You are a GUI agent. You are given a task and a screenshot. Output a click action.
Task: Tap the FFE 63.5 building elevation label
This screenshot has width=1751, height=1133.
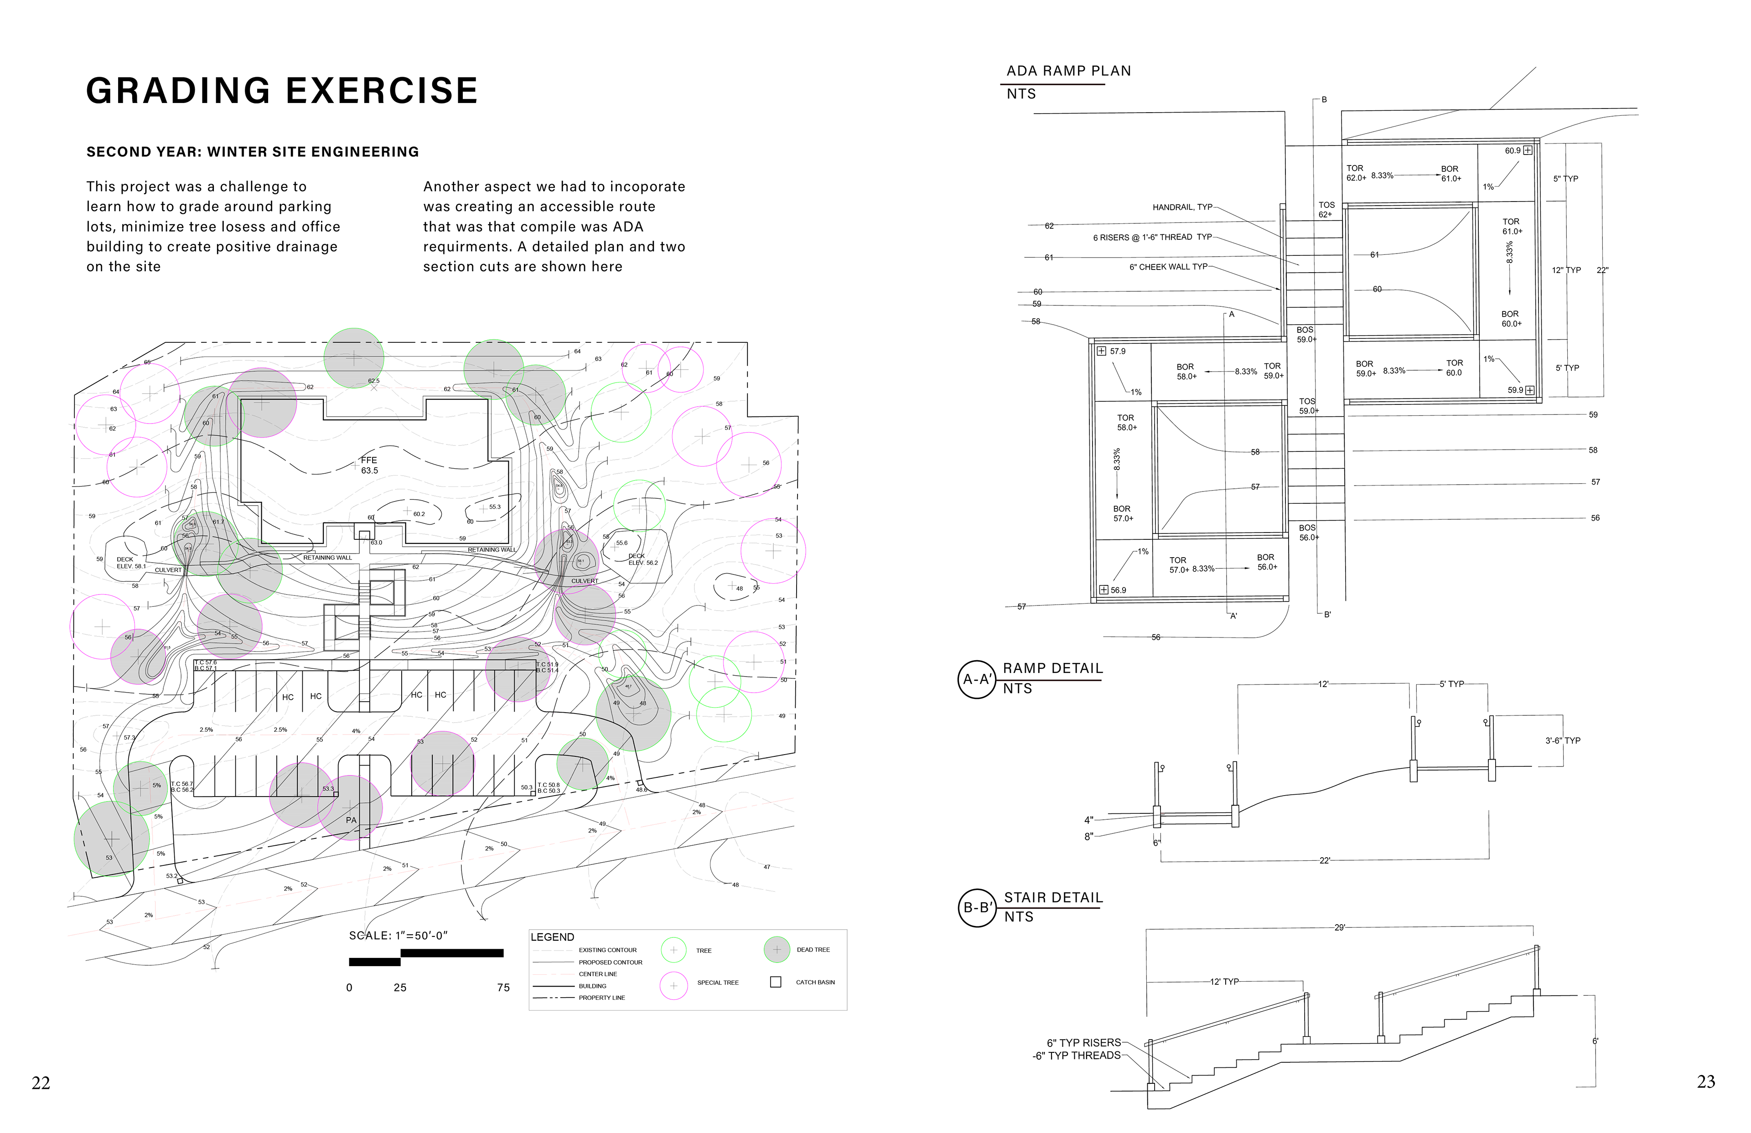click(x=368, y=465)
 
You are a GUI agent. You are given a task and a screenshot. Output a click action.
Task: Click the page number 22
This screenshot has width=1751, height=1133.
click(x=41, y=1082)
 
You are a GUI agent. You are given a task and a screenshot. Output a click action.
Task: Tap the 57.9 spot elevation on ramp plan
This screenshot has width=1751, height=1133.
click(x=1117, y=352)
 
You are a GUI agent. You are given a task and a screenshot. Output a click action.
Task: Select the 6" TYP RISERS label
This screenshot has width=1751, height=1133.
click(x=1084, y=1043)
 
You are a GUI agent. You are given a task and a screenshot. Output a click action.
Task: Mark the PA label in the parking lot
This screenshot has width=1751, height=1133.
click(x=351, y=820)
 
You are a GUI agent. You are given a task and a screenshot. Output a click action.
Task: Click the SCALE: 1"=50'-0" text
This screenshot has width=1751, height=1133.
click(x=398, y=936)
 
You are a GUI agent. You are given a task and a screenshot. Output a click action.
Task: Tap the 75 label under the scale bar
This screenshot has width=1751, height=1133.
click(x=503, y=988)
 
